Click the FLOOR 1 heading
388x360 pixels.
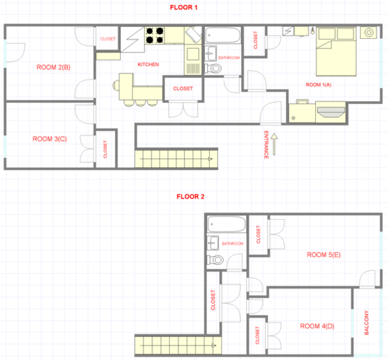click(x=184, y=8)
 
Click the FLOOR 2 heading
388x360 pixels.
click(x=191, y=197)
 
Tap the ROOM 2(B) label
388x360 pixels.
click(x=53, y=67)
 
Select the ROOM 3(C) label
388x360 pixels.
click(x=50, y=139)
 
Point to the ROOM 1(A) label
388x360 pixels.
click(x=319, y=85)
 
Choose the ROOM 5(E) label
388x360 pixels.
click(x=324, y=255)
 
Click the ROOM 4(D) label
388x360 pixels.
click(x=317, y=326)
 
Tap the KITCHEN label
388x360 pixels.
click(x=148, y=65)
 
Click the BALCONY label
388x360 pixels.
click(x=367, y=323)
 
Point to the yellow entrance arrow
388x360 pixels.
click(x=274, y=144)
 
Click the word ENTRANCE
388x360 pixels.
click(x=266, y=145)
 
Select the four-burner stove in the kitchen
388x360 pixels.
click(x=155, y=35)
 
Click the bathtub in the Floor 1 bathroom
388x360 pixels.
click(x=223, y=35)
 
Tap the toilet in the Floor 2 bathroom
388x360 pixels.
click(x=215, y=260)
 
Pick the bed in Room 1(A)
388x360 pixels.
click(x=336, y=51)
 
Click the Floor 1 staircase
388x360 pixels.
click(x=176, y=159)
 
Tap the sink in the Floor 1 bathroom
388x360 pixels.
click(x=211, y=53)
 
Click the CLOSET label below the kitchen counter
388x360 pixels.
click(x=183, y=89)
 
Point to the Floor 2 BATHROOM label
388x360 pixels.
click(x=233, y=243)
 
